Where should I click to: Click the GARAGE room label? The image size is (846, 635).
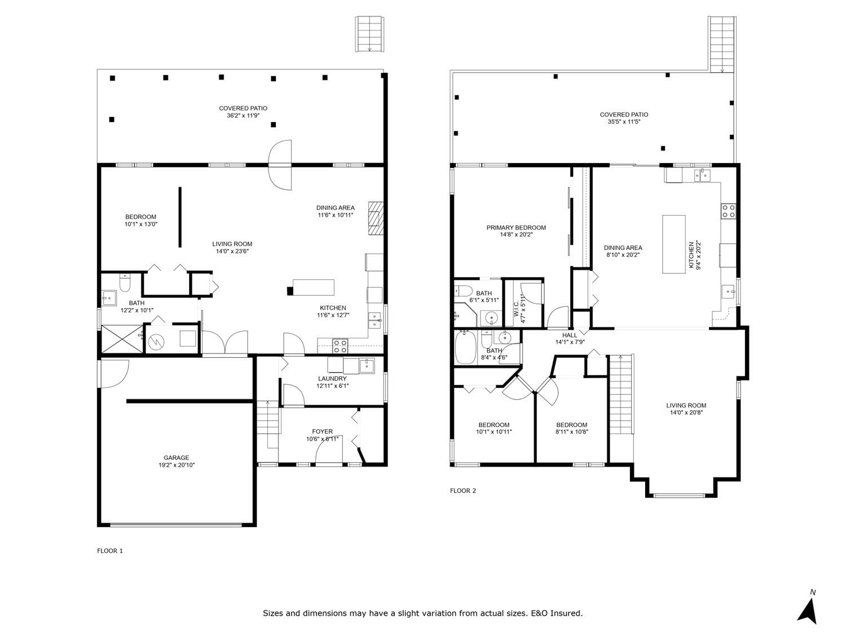(176, 458)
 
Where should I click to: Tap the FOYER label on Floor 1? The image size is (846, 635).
(322, 431)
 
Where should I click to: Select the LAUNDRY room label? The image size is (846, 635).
(332, 379)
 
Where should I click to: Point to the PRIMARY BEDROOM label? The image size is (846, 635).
(516, 227)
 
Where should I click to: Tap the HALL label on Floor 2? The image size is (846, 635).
(570, 335)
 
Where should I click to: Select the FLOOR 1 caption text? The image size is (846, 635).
(110, 550)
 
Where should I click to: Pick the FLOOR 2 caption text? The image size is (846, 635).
(463, 491)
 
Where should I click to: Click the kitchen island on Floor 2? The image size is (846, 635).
(674, 244)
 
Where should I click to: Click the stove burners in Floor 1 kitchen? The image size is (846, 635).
(340, 346)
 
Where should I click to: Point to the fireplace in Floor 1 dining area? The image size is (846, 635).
(376, 218)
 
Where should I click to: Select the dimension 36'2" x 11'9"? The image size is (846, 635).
(243, 115)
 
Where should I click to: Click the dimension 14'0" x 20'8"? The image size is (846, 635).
(686, 412)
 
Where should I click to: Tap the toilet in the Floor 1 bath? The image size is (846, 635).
(125, 283)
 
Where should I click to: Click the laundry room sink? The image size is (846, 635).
(367, 366)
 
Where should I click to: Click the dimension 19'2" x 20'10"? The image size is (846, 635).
(177, 465)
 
